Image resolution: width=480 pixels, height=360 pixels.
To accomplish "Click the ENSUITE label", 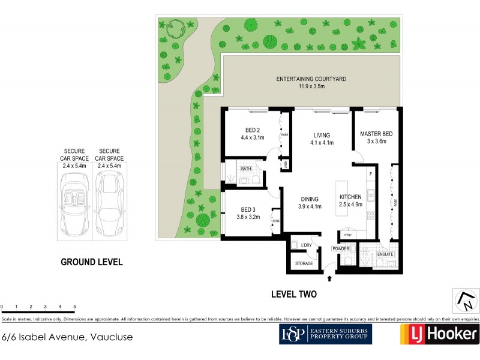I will (x=385, y=255).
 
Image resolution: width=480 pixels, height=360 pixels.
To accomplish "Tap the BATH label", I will (x=246, y=169).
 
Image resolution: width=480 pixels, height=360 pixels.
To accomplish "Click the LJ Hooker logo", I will (x=439, y=334).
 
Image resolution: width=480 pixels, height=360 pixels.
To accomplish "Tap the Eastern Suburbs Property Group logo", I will (x=325, y=334).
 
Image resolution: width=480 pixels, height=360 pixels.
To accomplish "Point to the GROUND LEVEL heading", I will (x=92, y=262).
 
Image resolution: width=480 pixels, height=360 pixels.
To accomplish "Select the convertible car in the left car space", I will (x=75, y=203).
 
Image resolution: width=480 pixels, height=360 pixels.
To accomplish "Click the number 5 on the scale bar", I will (x=74, y=307).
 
